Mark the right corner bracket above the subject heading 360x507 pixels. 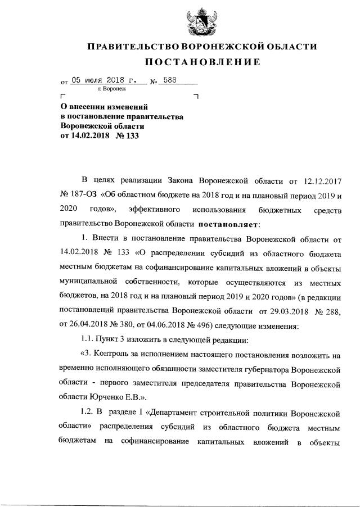[196, 96]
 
